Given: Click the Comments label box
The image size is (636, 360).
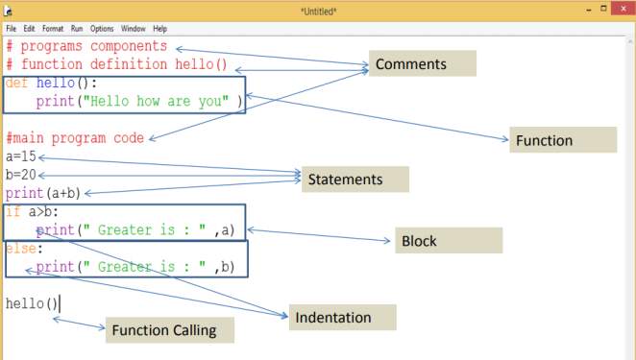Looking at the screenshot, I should pos(423,64).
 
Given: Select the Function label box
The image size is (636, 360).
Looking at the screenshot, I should pos(562,140).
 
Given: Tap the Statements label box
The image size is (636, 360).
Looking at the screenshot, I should pos(355,180).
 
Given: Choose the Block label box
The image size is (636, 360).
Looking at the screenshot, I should pos(449,241).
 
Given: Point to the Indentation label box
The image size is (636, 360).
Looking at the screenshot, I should pos(343,317).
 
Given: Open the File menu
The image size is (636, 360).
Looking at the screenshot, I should pos(12,29).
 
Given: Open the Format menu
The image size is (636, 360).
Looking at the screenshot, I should pos(52,29).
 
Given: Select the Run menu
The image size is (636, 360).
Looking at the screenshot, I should pos(76,29).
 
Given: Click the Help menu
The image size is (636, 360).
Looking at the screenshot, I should pos(159,29).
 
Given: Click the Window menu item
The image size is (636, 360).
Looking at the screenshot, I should pos(134,29).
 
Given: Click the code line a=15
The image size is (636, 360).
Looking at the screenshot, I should pos(21,156).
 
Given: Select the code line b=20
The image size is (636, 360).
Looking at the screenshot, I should pos(21,175).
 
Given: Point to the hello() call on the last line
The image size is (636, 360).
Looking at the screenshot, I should pos(32,303).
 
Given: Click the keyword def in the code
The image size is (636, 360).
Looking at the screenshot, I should pos(16,84).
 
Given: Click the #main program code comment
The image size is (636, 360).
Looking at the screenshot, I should pos(75,138).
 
